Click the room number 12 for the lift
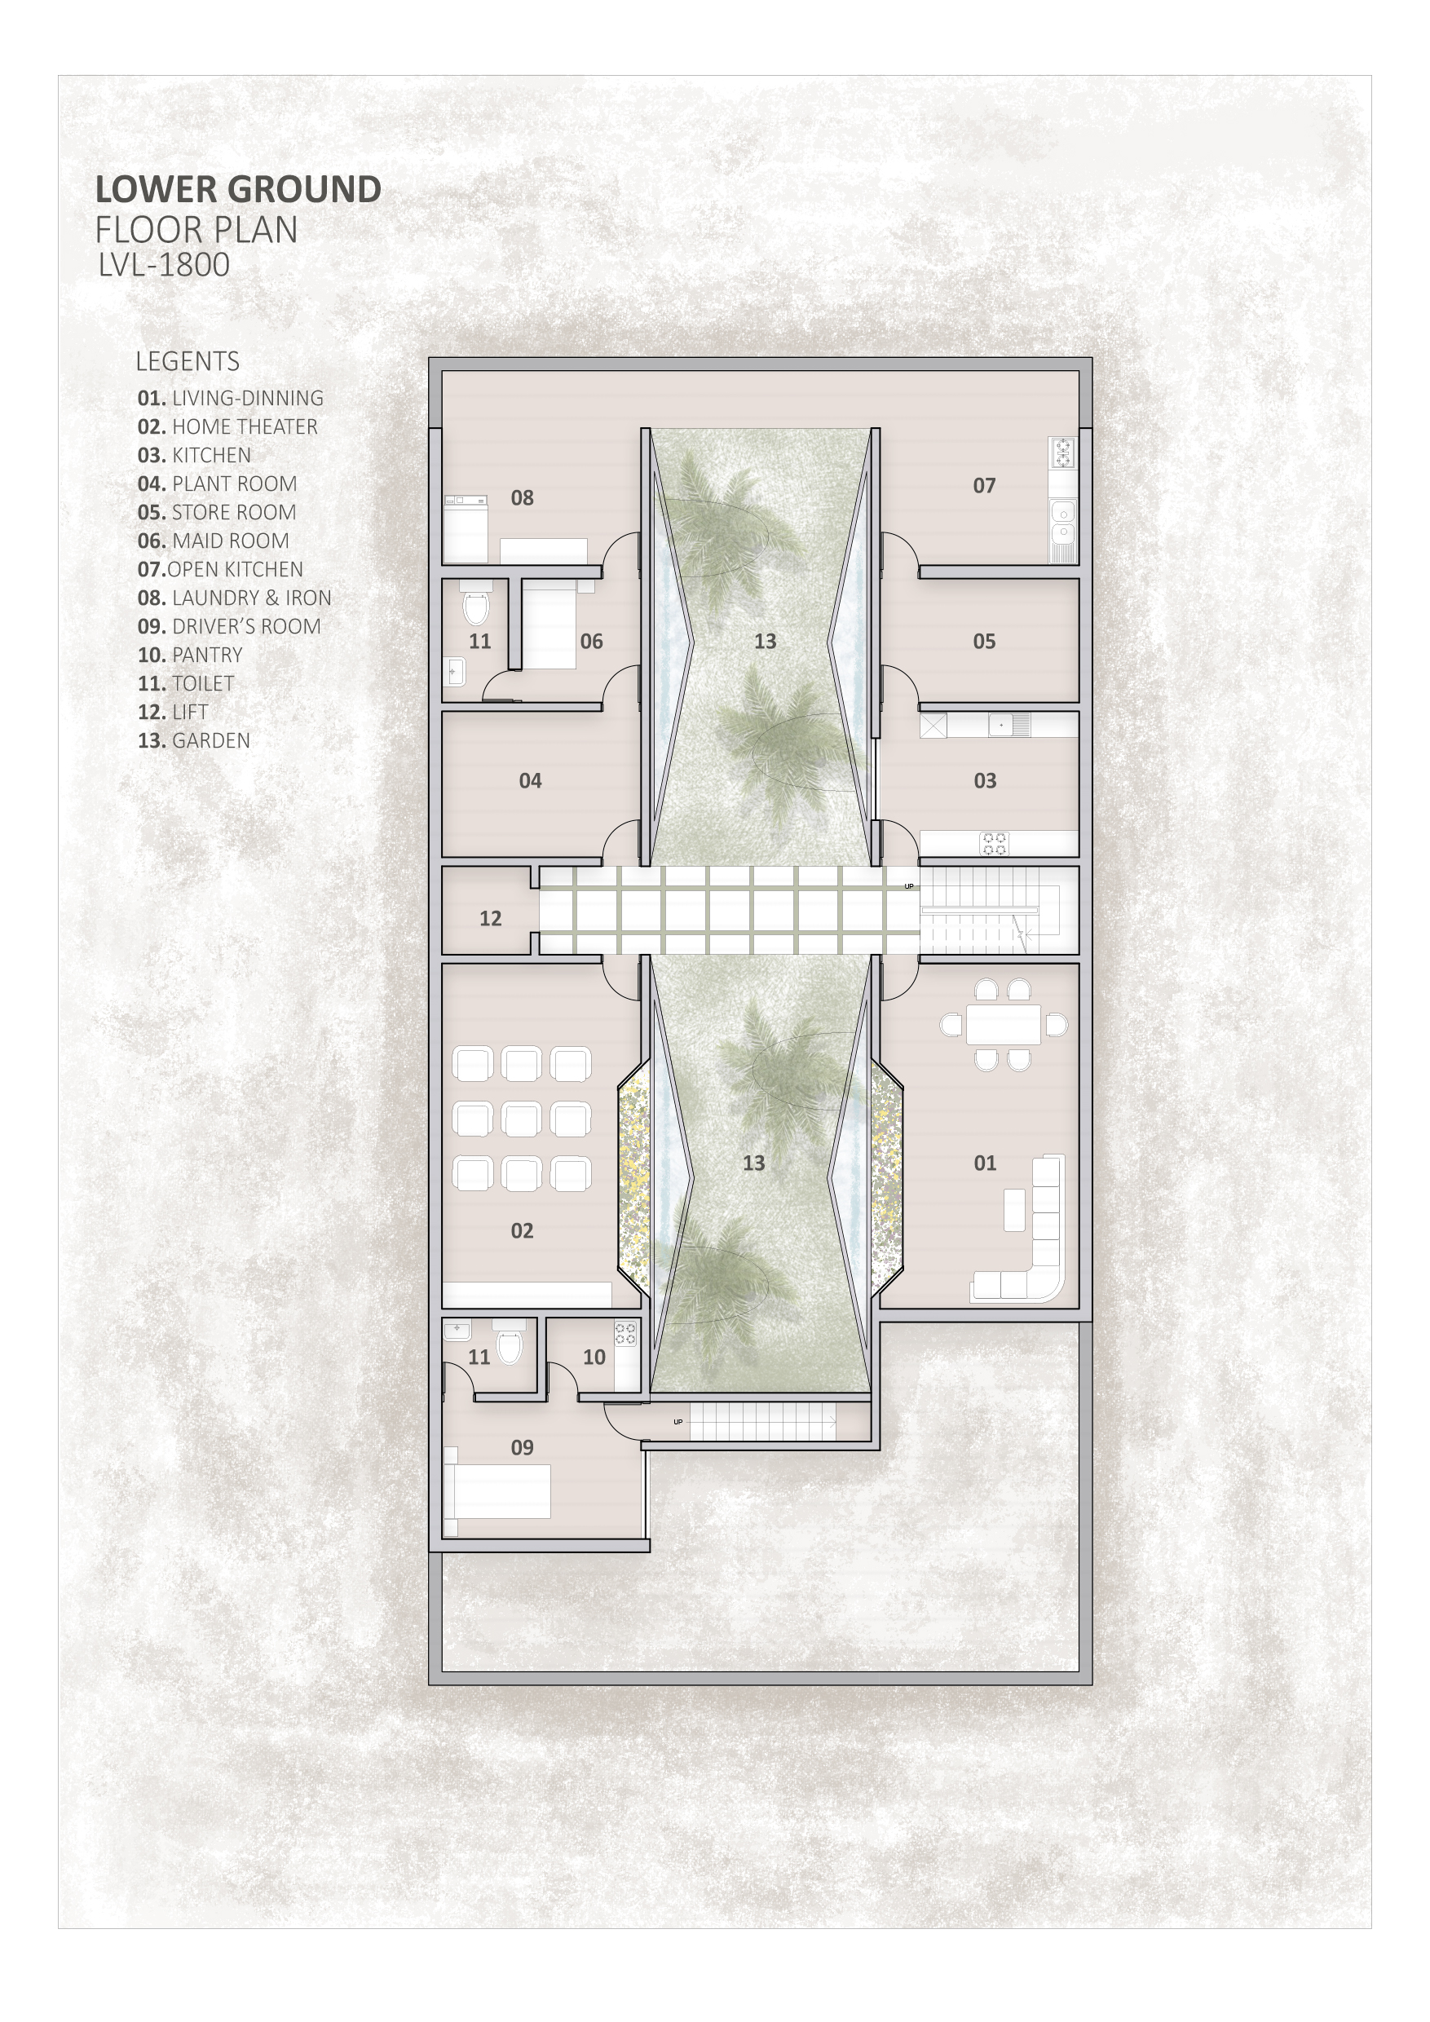[491, 919]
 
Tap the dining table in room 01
[1003, 1024]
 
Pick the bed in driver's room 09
[497, 1491]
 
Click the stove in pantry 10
[625, 1334]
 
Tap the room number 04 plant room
[530, 780]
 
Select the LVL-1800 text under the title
[164, 264]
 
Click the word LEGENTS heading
[188, 361]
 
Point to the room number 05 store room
[984, 641]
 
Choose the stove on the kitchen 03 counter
[995, 844]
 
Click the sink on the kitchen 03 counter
[1009, 725]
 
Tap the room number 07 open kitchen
[984, 485]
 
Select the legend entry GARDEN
[194, 740]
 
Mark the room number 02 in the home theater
[522, 1230]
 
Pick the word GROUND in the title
[305, 189]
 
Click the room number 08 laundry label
[522, 497]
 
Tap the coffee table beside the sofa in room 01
[1014, 1209]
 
